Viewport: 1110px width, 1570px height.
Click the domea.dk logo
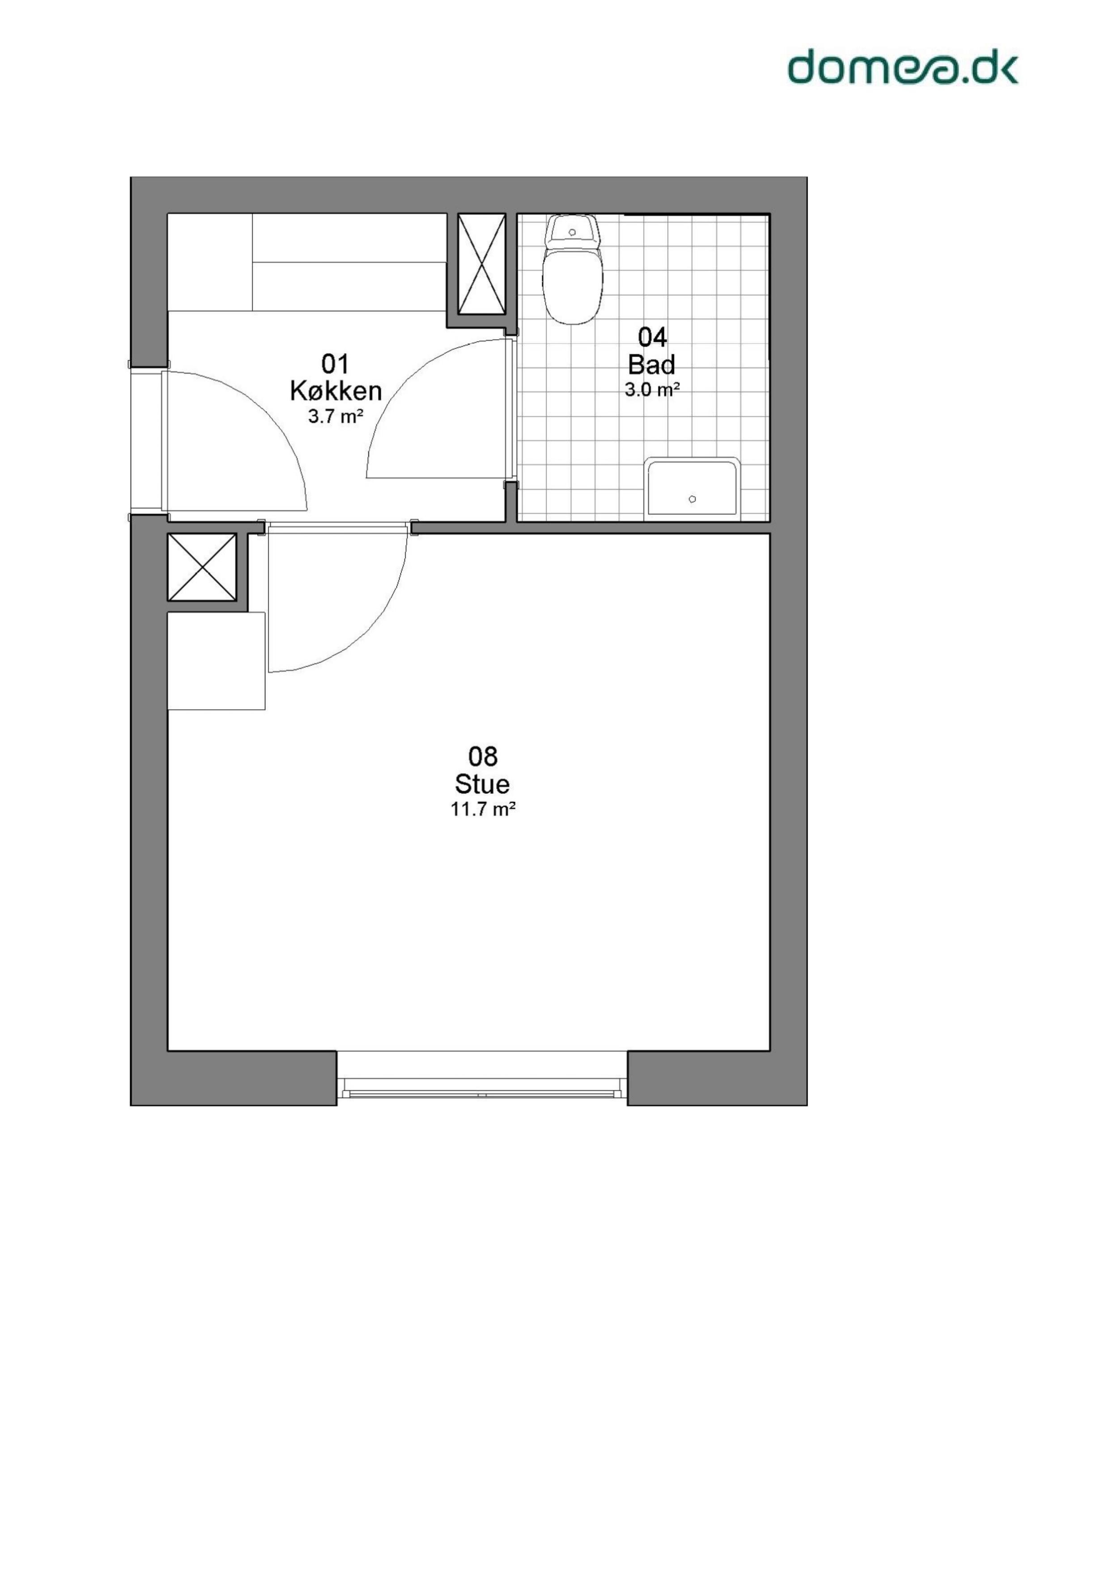tap(903, 66)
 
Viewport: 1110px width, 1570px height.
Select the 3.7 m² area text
tap(335, 417)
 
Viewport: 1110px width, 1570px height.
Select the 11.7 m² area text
tap(482, 810)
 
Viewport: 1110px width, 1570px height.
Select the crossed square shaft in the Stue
tap(202, 567)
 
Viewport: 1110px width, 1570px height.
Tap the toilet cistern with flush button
tap(573, 231)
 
